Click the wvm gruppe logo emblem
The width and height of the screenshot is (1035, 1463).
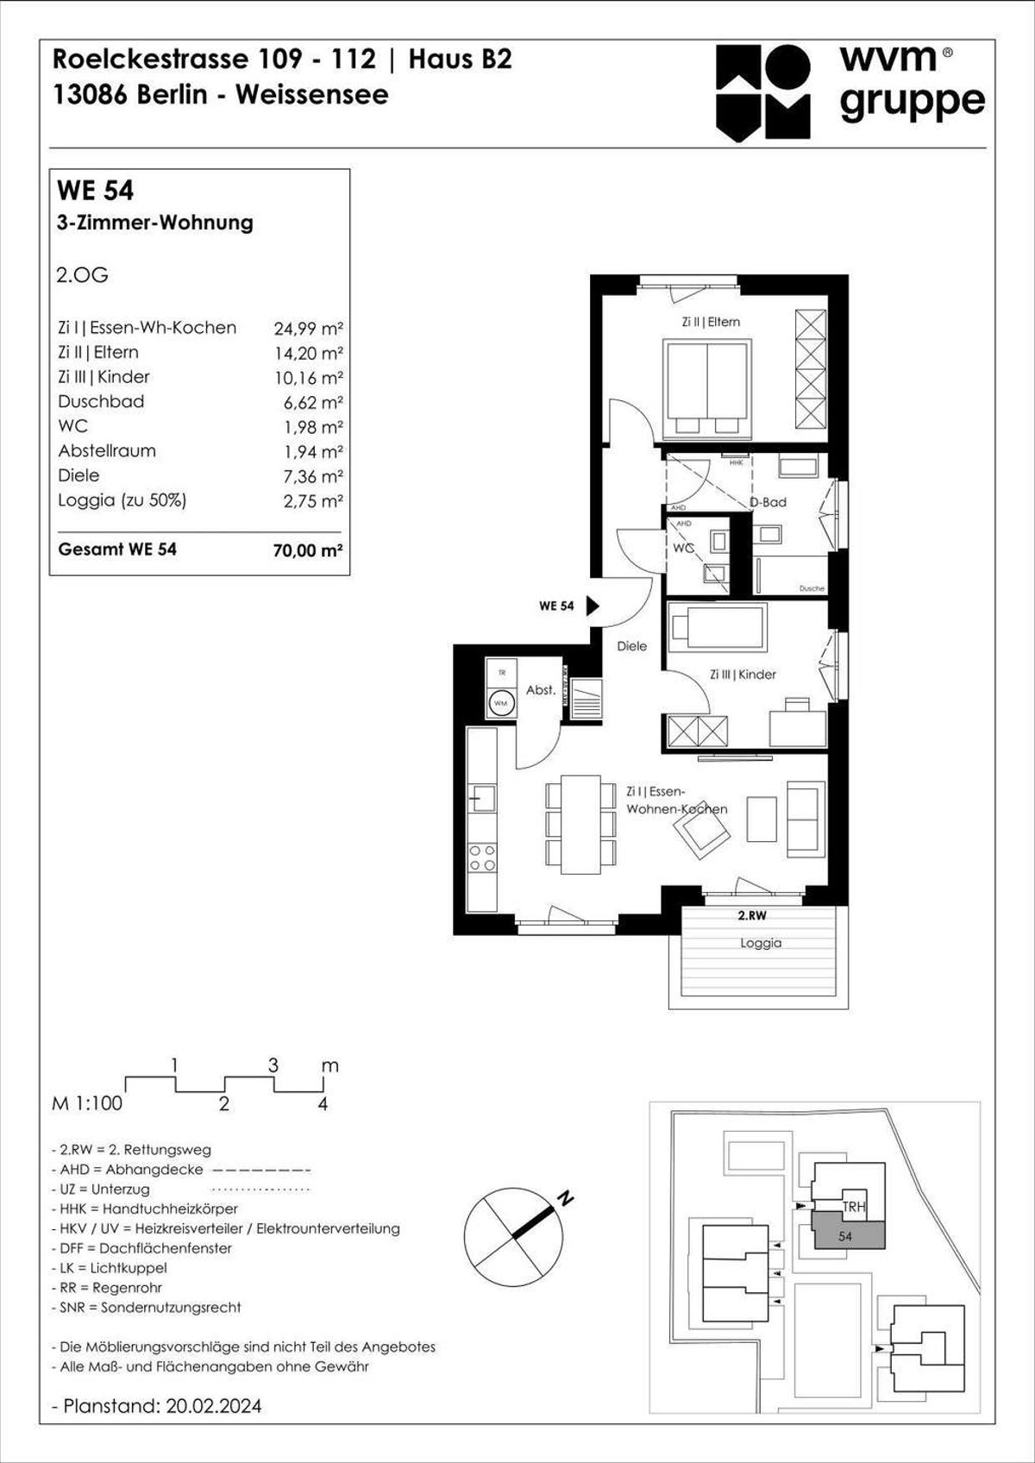762,92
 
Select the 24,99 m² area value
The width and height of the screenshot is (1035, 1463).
308,329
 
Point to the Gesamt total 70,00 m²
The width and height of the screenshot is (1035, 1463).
307,550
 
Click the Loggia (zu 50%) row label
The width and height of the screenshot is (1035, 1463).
122,500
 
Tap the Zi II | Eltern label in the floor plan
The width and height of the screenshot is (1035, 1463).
711,322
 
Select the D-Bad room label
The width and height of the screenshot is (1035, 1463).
768,502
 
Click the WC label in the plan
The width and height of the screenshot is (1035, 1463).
683,548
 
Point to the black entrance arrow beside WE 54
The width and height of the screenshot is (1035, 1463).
593,606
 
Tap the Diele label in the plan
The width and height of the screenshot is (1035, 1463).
631,646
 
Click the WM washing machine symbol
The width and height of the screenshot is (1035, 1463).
500,703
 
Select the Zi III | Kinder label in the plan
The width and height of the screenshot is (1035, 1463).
743,675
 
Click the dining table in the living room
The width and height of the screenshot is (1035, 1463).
580,824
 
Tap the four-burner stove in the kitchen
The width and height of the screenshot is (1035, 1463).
482,857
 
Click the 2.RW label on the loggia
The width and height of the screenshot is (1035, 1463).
751,915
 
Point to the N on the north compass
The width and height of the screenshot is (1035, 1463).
566,1198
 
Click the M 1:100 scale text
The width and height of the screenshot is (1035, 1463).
87,1103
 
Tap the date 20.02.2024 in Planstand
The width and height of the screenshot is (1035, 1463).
213,1405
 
